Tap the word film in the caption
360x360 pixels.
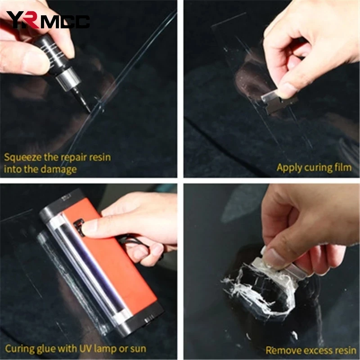343,167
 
